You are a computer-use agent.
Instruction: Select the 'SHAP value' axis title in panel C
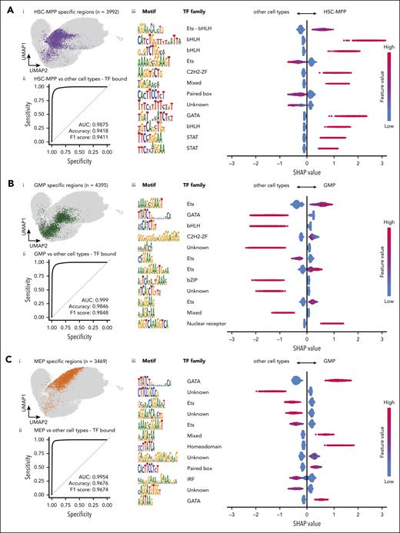pos(305,525)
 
